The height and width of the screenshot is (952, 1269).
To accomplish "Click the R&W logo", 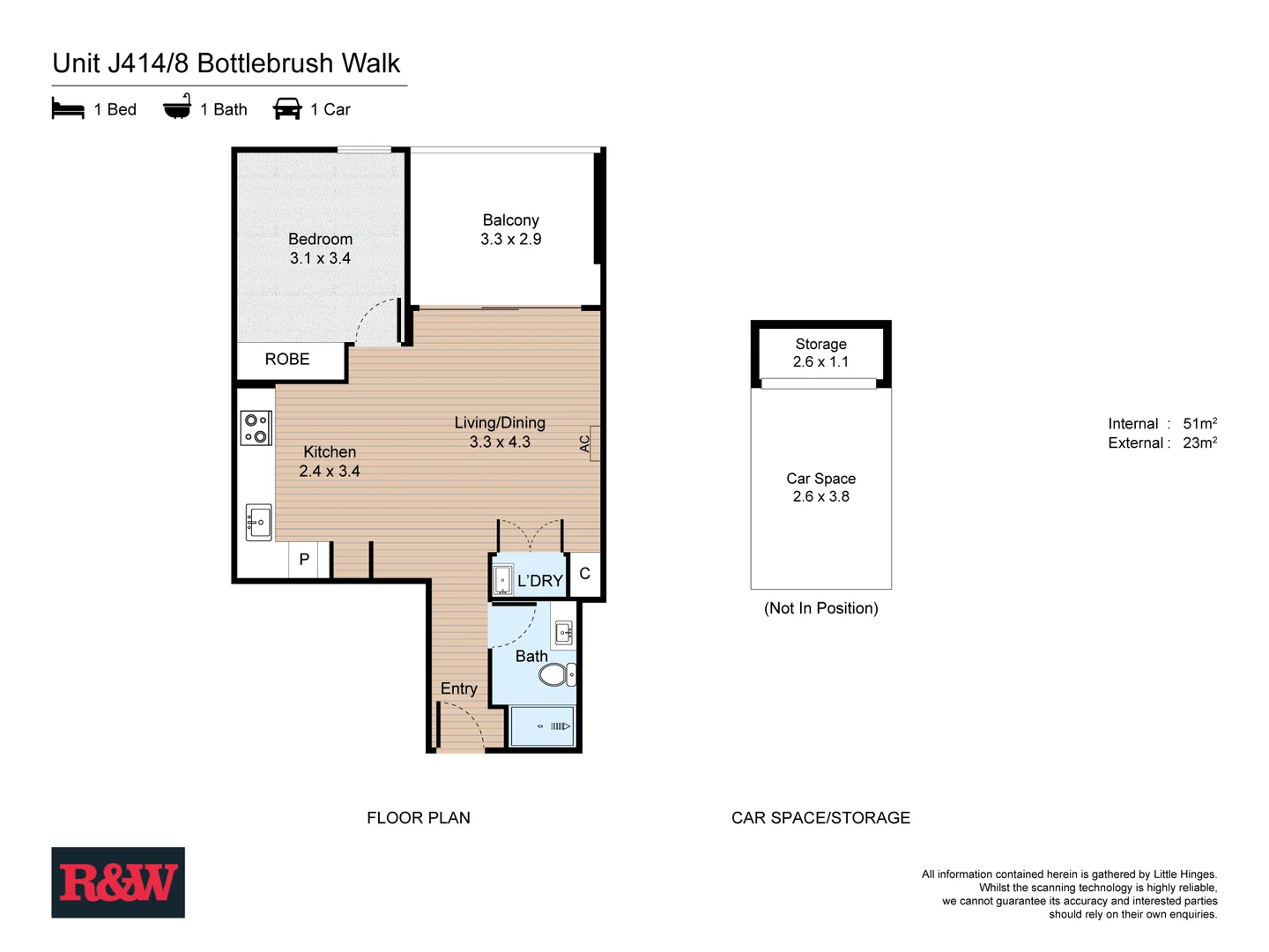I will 118,882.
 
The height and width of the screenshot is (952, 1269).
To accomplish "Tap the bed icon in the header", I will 68,109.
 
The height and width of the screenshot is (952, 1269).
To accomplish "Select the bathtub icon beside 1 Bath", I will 177,108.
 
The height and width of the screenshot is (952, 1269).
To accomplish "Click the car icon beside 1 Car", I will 287,109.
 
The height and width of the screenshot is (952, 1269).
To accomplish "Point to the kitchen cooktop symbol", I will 256,428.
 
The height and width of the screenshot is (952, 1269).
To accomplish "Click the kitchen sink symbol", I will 258,522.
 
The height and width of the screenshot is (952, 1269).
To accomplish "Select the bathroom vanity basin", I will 564,632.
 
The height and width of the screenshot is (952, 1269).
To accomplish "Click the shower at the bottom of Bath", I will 543,726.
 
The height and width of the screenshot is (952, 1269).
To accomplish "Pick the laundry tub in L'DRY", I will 502,580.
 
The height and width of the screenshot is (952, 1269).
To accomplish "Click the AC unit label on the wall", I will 585,443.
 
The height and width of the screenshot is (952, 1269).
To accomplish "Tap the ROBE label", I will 287,360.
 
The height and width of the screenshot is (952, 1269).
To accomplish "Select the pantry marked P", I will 304,560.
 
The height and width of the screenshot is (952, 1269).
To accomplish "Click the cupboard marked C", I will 584,574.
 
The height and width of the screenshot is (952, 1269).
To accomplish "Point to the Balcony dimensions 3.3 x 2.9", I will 510,240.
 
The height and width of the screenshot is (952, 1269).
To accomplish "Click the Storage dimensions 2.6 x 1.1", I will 820,362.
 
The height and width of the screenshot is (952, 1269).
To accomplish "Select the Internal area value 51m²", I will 1199,424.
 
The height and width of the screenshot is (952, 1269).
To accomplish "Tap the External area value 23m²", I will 1199,443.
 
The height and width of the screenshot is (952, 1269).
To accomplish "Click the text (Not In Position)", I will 820,608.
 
